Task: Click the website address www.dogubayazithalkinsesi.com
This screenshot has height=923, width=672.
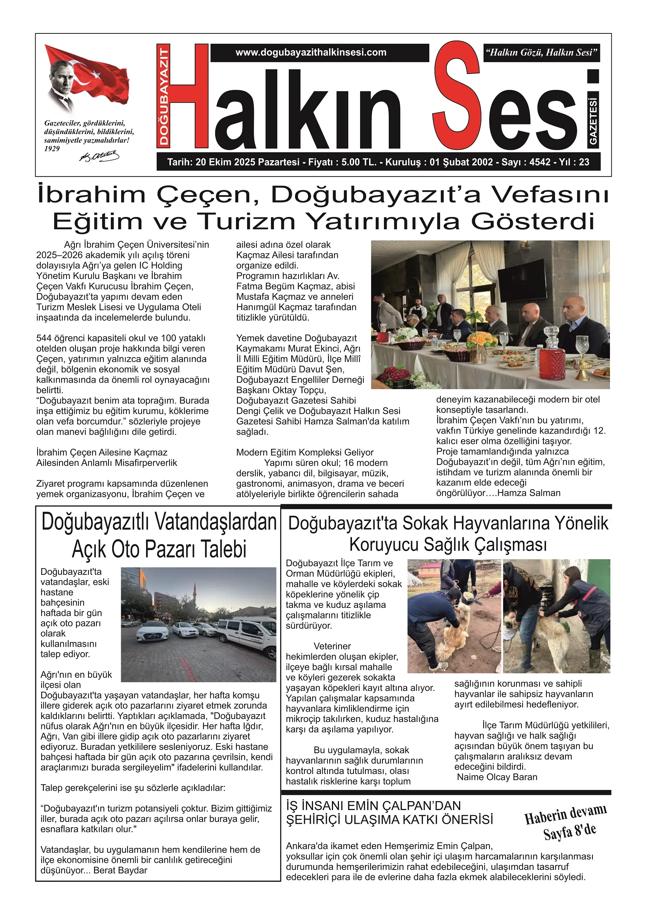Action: (311, 52)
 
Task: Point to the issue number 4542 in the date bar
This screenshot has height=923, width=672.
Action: (540, 162)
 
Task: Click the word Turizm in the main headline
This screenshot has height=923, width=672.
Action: (248, 221)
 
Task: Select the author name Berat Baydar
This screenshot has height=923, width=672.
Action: (120, 871)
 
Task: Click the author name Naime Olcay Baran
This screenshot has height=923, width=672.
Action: (497, 777)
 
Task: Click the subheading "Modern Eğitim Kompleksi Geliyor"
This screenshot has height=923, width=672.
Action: (305, 452)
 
